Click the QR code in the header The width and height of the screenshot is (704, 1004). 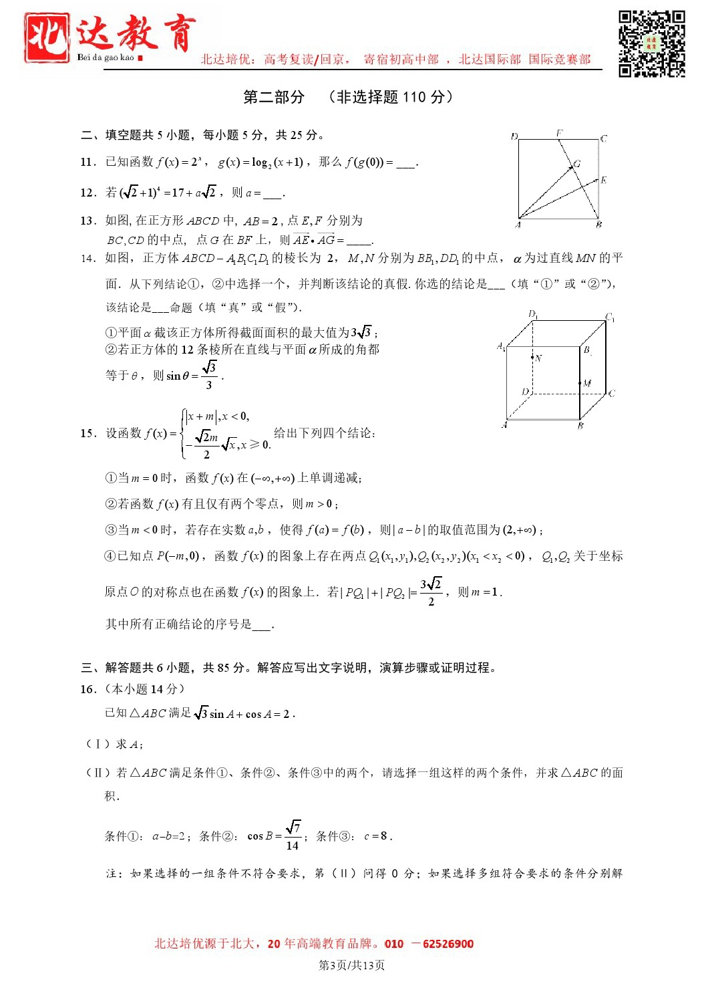[651, 43]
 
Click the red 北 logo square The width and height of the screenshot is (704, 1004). [46, 37]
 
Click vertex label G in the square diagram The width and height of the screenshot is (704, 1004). [577, 163]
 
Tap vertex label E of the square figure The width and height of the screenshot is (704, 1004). [603, 180]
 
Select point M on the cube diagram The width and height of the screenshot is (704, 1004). [580, 383]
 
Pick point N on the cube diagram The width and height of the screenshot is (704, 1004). [532, 358]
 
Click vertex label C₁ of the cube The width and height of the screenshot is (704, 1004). [609, 317]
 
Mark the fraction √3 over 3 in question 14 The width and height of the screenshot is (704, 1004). [210, 376]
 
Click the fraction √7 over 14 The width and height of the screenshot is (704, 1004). [293, 836]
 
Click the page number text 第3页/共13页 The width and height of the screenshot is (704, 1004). [351, 965]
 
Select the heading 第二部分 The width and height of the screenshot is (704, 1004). [274, 98]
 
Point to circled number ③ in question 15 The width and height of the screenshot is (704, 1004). [111, 530]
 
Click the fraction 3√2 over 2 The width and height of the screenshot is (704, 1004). [431, 592]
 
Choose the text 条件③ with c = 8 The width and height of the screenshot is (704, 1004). [353, 836]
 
